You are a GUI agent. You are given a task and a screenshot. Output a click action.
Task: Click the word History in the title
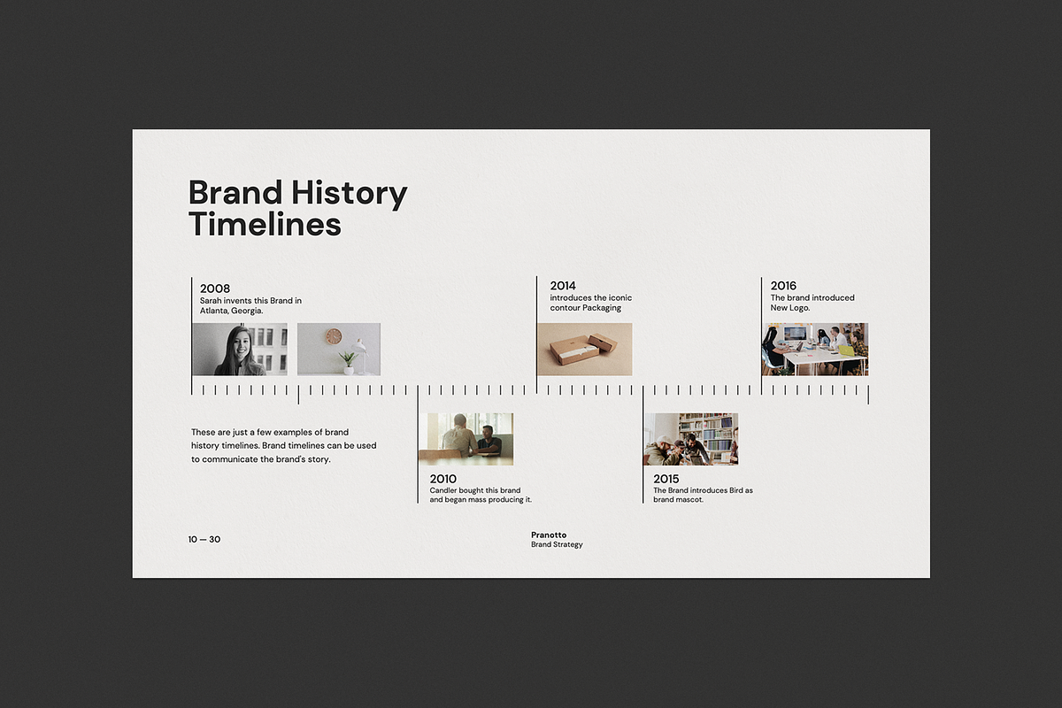[350, 194]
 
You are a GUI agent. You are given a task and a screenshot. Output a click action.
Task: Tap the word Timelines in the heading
[265, 224]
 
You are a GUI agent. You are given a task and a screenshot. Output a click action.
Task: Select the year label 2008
[215, 289]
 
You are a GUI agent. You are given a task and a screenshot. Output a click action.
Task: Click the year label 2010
[443, 479]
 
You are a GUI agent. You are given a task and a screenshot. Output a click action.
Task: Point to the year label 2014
[563, 286]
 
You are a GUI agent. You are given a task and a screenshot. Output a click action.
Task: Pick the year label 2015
[666, 479]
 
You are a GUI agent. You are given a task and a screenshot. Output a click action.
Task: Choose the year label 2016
[783, 286]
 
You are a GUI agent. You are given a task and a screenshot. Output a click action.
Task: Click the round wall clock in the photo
[334, 336]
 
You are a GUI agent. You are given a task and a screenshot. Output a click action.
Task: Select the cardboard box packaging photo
[585, 350]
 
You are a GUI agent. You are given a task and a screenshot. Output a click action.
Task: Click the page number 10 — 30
[204, 539]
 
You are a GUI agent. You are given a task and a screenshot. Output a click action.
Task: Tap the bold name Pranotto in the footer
[549, 535]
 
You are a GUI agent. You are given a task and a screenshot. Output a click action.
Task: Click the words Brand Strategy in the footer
[557, 544]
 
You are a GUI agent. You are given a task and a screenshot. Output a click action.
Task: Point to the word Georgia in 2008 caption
[247, 312]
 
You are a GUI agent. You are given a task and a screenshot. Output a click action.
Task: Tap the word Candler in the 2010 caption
[442, 490]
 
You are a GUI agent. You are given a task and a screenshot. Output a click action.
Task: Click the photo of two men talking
[466, 439]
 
